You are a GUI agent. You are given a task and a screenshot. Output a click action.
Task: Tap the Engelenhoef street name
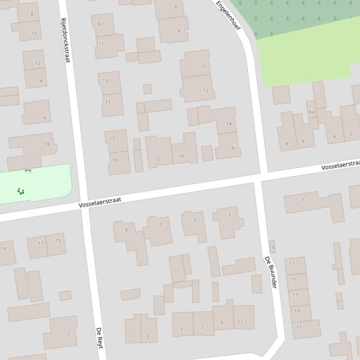pyautogui.click(x=228, y=15)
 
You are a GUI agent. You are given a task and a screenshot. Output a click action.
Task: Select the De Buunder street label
pyautogui.click(x=271, y=272)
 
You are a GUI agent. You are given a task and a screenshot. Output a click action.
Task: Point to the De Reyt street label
pyautogui.click(x=100, y=338)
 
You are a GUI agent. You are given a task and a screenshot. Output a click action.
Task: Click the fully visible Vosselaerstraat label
pyautogui.click(x=100, y=202)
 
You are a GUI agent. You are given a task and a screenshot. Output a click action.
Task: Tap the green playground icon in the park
pyautogui.click(x=20, y=191)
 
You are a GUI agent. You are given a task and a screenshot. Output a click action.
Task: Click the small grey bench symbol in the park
pyautogui.click(x=28, y=171)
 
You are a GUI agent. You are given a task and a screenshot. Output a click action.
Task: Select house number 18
pyautogui.click(x=47, y=144)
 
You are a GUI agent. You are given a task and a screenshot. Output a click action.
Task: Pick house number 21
pyautogui.click(x=299, y=326)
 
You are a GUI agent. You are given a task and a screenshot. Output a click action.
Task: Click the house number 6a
pyautogui.click(x=311, y=112)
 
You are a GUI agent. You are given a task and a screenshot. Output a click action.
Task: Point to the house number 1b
pyautogui.click(x=272, y=247)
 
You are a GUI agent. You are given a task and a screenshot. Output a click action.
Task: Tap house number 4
pyautogui.click(x=334, y=137)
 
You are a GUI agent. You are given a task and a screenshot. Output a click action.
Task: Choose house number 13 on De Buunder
pyautogui.click(x=292, y=264)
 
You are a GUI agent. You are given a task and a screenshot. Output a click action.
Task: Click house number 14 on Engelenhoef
pyautogui.click(x=229, y=124)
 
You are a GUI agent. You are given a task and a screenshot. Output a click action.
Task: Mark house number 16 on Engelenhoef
pyautogui.click(x=232, y=148)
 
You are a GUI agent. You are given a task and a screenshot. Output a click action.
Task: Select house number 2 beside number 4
pyautogui.click(x=351, y=134)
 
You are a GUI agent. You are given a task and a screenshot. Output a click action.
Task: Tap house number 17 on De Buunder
pyautogui.click(x=295, y=295)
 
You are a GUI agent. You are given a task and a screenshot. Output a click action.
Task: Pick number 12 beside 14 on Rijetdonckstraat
pyautogui.click(x=37, y=63)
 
